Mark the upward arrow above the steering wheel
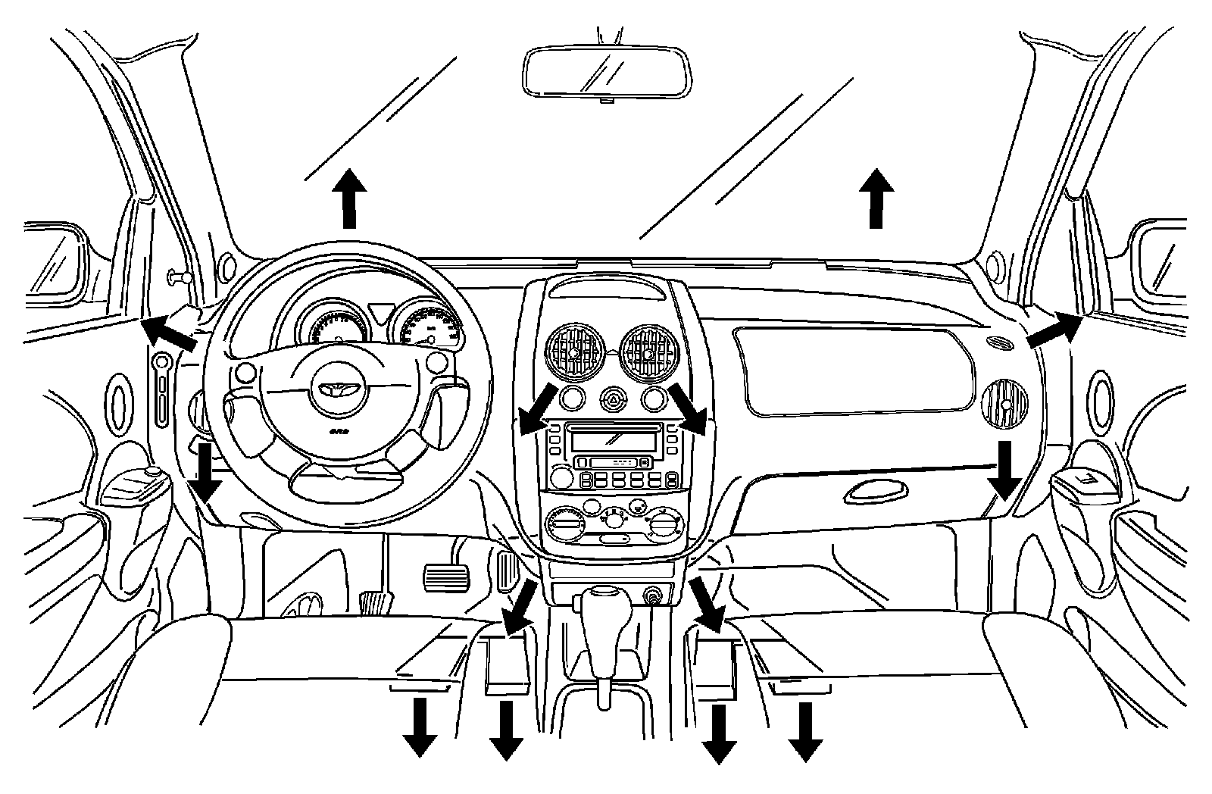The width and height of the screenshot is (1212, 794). (349, 198)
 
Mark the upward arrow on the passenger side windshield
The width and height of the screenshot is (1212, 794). (876, 198)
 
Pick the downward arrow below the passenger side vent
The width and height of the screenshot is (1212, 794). (1006, 470)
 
